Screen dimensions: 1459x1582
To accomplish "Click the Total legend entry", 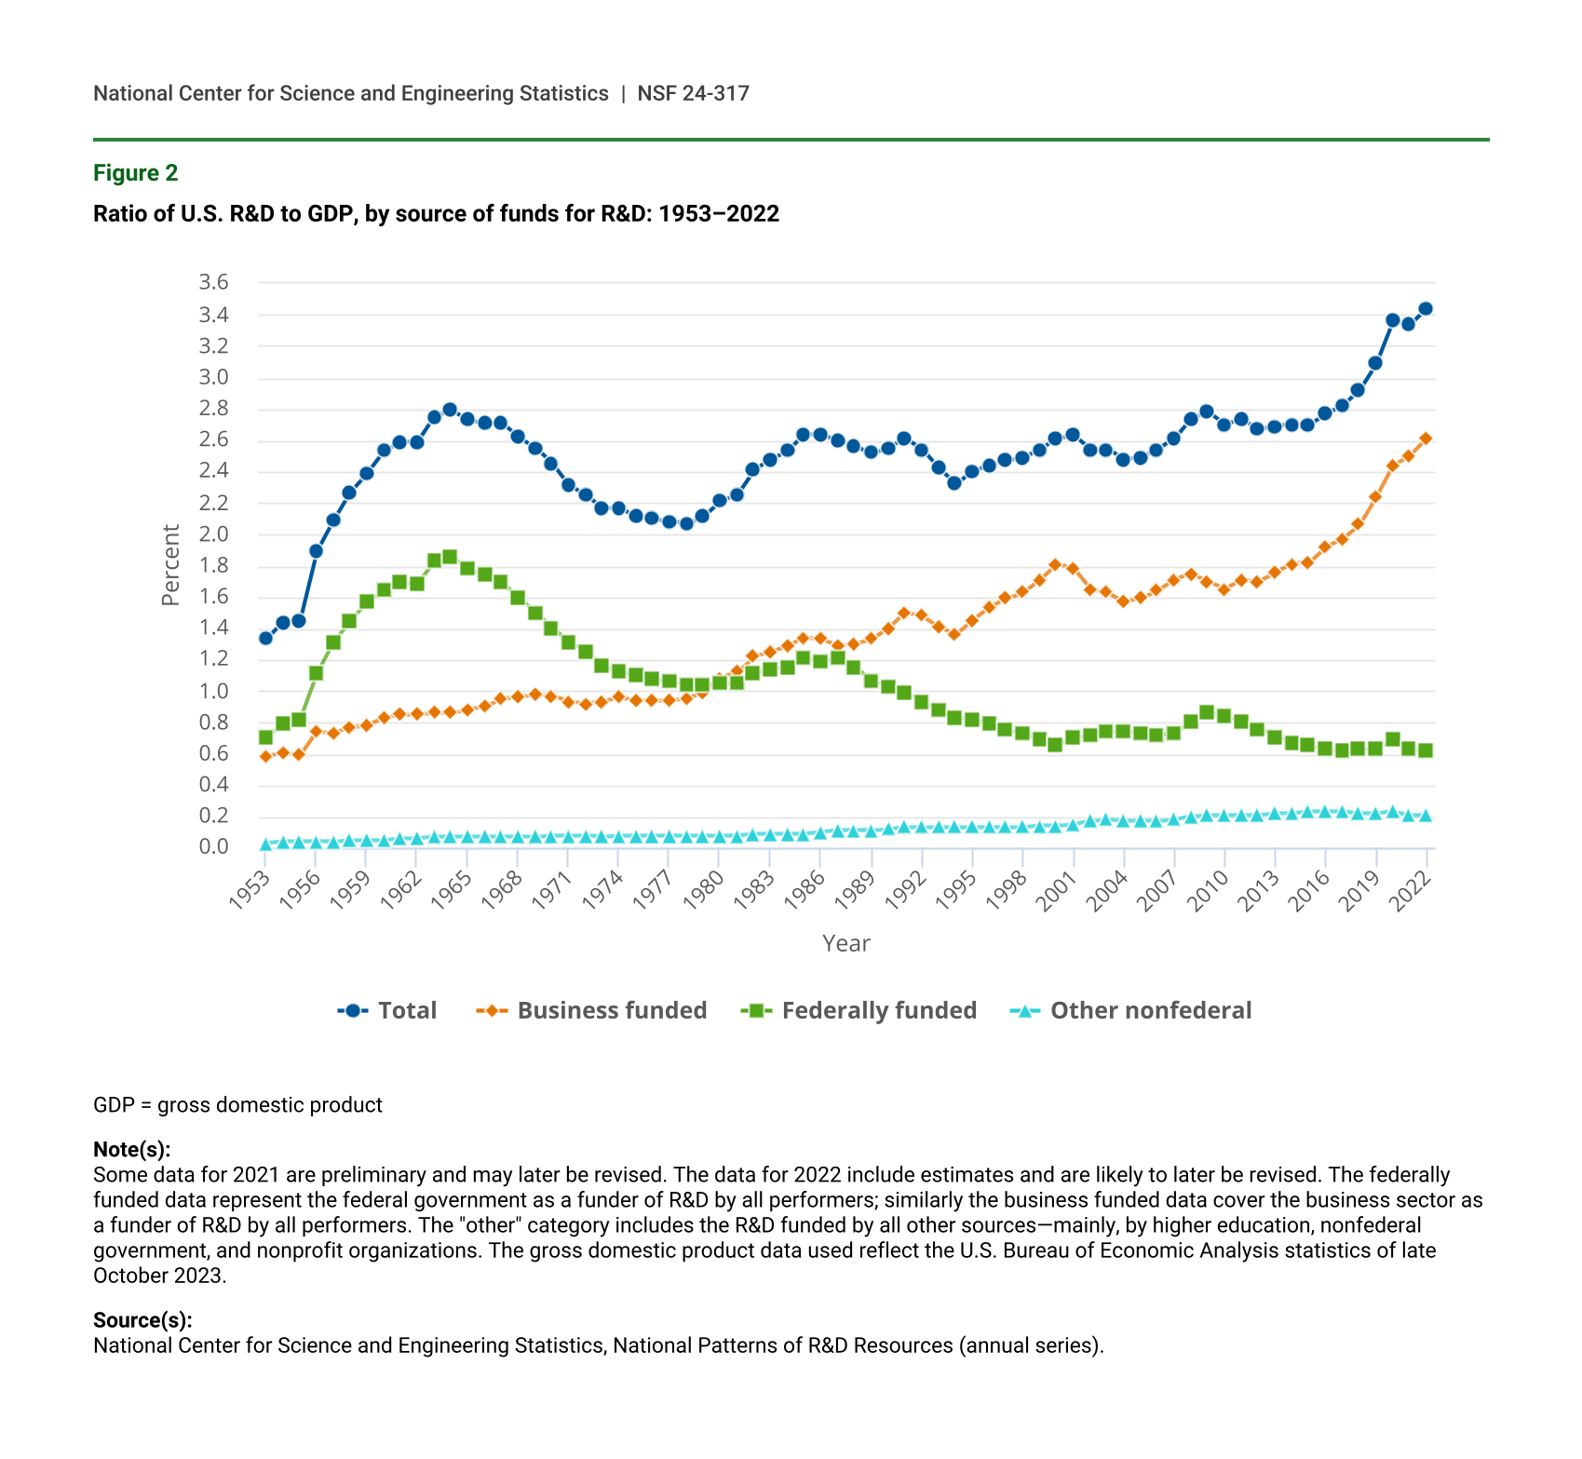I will tap(387, 1010).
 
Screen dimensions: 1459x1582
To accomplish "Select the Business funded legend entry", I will tap(592, 1010).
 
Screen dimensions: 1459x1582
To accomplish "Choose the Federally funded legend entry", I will tap(859, 1010).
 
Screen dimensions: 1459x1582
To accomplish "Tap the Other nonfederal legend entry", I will tap(1131, 1010).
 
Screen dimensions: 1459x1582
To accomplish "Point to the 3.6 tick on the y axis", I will tap(213, 282).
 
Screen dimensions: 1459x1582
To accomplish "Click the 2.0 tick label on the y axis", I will tap(213, 534).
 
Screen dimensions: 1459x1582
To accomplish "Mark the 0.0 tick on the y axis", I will tap(213, 846).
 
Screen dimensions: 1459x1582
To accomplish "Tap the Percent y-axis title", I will tap(170, 565).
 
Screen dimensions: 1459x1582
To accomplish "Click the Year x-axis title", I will tap(846, 943).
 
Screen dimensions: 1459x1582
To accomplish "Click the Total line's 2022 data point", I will tap(1426, 309).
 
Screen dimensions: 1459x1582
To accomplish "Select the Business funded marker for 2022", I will tap(1426, 439).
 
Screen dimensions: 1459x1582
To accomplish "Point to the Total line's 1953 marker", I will tap(265, 638).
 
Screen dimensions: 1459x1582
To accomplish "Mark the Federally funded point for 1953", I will tap(265, 737).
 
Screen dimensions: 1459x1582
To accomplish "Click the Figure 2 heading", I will tap(136, 173).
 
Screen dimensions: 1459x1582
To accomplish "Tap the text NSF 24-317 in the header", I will tap(693, 93).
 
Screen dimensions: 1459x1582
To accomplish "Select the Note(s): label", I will tap(132, 1149).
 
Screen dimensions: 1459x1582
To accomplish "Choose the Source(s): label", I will tap(142, 1320).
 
